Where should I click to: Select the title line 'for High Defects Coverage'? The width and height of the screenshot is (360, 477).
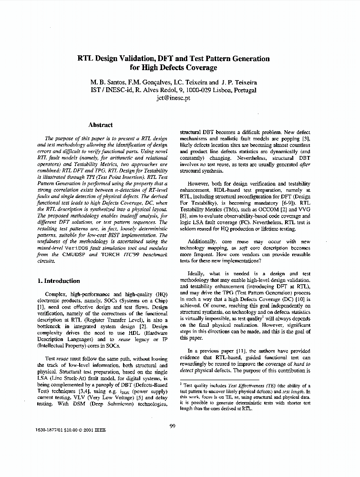tap(174, 68)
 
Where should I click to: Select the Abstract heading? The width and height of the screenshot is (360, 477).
tap(101, 125)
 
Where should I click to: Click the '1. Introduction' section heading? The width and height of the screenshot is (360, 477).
tap(59, 281)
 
